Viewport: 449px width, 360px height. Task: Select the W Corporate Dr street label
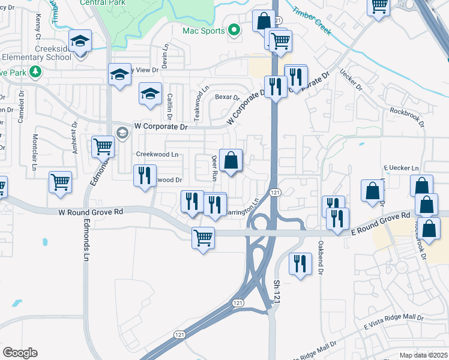(x=161, y=127)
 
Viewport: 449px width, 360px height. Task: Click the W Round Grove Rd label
(x=91, y=212)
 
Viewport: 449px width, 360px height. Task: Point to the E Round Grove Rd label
(x=381, y=220)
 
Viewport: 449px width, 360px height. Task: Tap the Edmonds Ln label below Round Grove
(x=86, y=246)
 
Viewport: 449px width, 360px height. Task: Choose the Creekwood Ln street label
(x=157, y=154)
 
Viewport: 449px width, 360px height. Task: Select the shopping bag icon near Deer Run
(x=231, y=160)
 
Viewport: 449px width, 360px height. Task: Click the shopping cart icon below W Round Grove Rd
(x=203, y=238)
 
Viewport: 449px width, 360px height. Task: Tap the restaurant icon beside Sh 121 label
(x=299, y=264)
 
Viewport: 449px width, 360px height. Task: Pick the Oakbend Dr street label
(x=321, y=253)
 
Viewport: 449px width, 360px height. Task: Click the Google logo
(x=20, y=353)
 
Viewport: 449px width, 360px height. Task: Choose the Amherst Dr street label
(x=75, y=139)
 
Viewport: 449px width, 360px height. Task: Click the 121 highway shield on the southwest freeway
(x=178, y=334)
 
